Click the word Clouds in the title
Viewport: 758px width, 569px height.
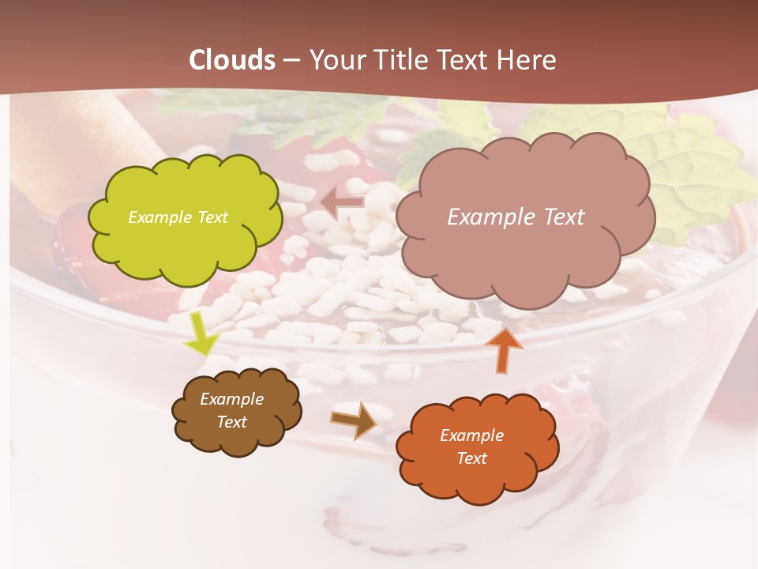(232, 60)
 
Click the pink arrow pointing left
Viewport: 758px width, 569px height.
(343, 202)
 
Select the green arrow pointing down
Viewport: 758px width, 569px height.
(201, 333)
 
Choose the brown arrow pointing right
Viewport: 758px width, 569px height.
(355, 420)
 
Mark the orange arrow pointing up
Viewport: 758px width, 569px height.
(505, 349)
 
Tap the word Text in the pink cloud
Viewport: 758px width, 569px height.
(561, 217)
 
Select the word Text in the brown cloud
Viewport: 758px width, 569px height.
(232, 422)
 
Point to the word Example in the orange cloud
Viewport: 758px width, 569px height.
(471, 435)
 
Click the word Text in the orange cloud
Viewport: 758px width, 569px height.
(471, 458)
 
